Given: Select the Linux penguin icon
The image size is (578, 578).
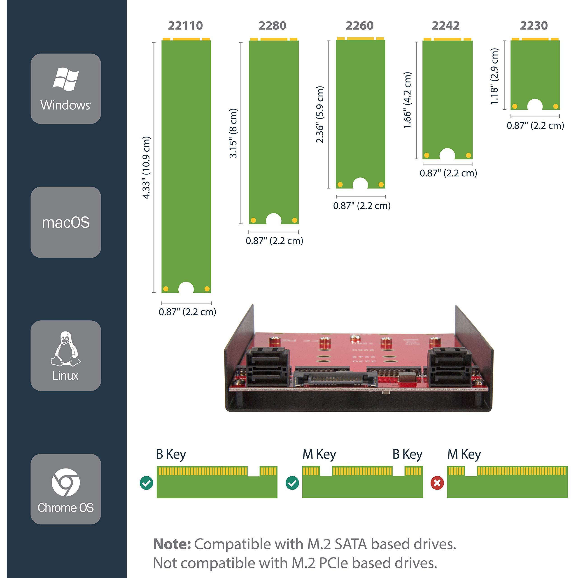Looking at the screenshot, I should pyautogui.click(x=65, y=349).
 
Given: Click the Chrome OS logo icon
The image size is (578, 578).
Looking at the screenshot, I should pyautogui.click(x=65, y=482).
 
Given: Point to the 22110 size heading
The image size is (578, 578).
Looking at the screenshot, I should pyautogui.click(x=186, y=26).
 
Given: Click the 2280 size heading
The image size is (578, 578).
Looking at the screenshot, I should pyautogui.click(x=272, y=26).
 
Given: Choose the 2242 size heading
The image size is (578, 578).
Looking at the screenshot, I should pyautogui.click(x=445, y=26).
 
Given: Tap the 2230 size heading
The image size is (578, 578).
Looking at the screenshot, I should pyautogui.click(x=534, y=26).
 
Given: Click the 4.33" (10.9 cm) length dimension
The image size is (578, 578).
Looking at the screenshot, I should pyautogui.click(x=146, y=167).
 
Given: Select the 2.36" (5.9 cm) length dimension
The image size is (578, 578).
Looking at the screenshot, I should pyautogui.click(x=320, y=114).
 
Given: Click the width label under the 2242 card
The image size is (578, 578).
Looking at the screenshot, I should pyautogui.click(x=448, y=173).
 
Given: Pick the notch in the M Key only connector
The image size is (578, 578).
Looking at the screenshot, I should pyautogui.click(x=470, y=471).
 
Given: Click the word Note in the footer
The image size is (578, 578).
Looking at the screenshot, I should pyautogui.click(x=172, y=544).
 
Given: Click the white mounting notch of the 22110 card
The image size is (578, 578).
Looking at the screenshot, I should pyautogui.click(x=186, y=288).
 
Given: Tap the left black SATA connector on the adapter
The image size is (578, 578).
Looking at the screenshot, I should pyautogui.click(x=267, y=368).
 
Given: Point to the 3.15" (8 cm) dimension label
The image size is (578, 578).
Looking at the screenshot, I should pyautogui.click(x=233, y=133).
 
